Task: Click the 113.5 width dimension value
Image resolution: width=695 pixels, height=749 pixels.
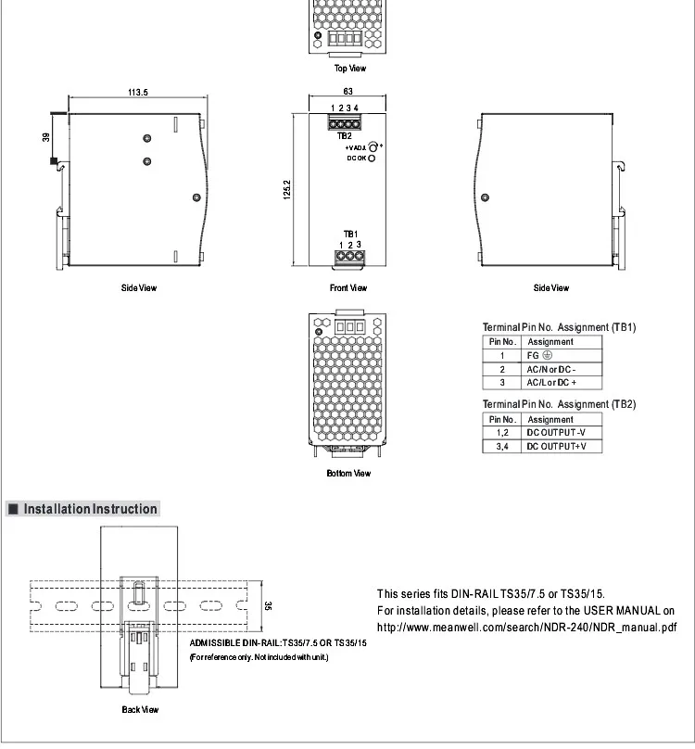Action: [x=137, y=92]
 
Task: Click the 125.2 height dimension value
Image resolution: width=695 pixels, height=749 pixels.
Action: [x=286, y=190]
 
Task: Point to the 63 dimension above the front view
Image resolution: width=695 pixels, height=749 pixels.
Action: [x=347, y=91]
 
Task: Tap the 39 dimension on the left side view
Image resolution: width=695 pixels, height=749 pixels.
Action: [x=45, y=137]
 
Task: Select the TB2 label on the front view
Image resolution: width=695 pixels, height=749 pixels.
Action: [x=345, y=135]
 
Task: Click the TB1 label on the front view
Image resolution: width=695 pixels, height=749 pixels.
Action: [x=350, y=234]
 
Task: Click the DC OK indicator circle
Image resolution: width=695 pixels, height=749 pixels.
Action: [x=372, y=159]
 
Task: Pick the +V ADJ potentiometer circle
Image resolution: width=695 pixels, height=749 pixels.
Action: [x=373, y=147]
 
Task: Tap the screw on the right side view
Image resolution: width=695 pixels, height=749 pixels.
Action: [x=485, y=197]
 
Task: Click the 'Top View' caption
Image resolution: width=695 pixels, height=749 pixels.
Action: [x=350, y=69]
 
